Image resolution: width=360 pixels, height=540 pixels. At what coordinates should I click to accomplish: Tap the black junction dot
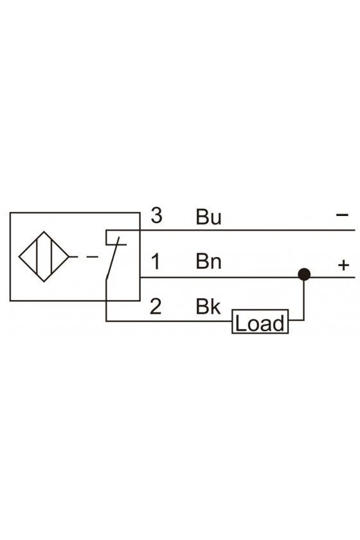click(x=304, y=274)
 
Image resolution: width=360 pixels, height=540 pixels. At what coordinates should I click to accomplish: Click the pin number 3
click(x=156, y=215)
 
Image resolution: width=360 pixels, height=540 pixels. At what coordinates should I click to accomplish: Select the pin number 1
click(x=156, y=262)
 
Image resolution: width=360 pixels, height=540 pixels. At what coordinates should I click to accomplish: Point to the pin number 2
click(x=156, y=306)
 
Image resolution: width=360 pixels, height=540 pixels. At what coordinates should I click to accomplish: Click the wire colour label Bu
click(x=208, y=217)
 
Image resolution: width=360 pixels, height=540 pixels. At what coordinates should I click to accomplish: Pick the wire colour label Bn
click(x=208, y=262)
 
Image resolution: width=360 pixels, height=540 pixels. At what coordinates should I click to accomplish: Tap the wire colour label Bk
click(x=208, y=306)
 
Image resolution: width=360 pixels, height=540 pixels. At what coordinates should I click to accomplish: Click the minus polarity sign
click(x=343, y=215)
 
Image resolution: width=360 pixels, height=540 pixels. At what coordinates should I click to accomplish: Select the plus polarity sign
click(x=343, y=265)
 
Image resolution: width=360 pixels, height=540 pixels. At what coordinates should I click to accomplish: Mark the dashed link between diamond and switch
click(x=84, y=256)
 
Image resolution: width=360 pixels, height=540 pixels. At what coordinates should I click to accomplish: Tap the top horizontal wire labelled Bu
click(x=248, y=230)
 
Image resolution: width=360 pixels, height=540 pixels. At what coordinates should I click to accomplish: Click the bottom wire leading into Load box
click(x=169, y=321)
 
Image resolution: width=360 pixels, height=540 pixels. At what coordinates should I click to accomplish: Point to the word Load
click(x=260, y=323)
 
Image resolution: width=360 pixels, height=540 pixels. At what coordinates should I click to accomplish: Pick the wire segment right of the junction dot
click(x=332, y=277)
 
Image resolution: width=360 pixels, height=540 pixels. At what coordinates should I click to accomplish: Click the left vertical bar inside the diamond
click(x=37, y=256)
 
